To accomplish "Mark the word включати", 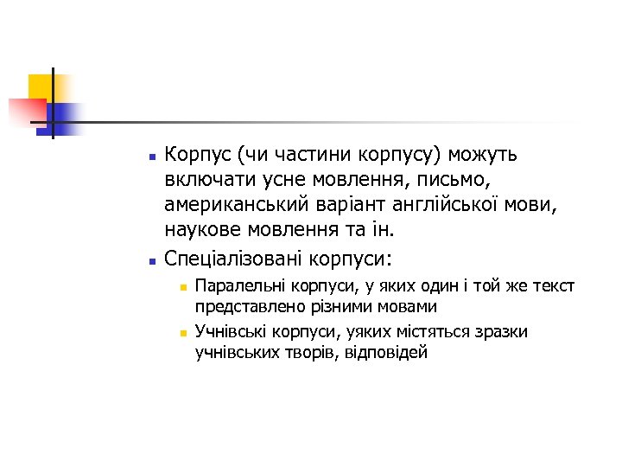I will [x=204, y=181].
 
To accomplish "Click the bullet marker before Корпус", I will [x=151, y=158].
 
